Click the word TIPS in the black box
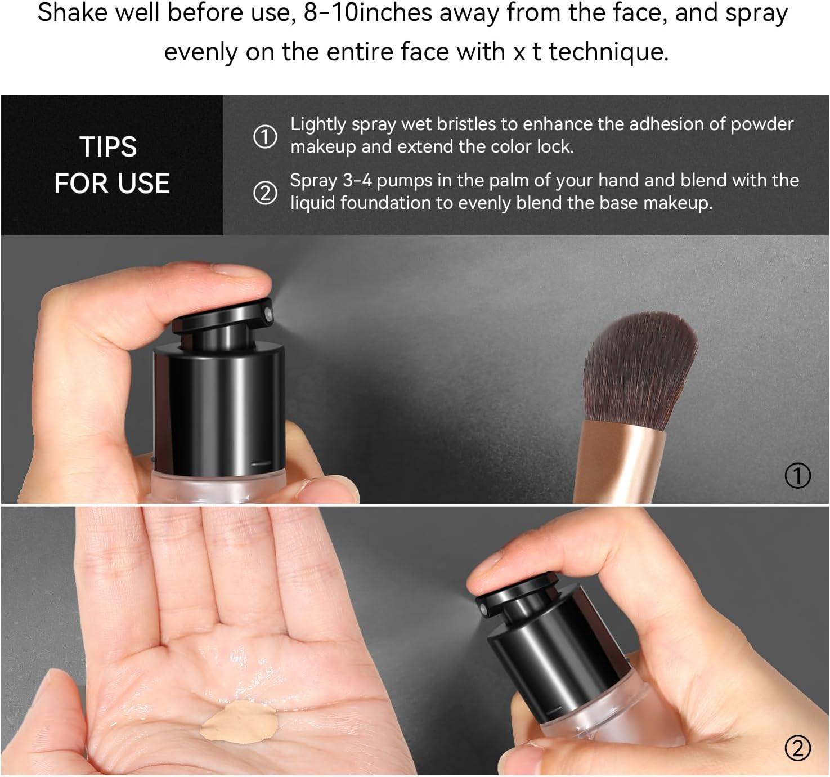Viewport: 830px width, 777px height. [108, 147]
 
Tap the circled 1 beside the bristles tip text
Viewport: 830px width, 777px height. [265, 136]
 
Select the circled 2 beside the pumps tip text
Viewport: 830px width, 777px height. [265, 193]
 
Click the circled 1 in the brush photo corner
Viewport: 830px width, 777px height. [797, 476]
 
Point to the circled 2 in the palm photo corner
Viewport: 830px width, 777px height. [797, 748]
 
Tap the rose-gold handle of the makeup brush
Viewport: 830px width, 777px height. [619, 462]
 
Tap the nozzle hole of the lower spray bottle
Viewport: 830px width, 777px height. [482, 610]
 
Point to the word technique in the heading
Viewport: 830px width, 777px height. [608, 52]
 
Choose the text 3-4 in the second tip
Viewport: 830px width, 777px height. [357, 180]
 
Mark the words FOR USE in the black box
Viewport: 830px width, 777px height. [112, 184]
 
